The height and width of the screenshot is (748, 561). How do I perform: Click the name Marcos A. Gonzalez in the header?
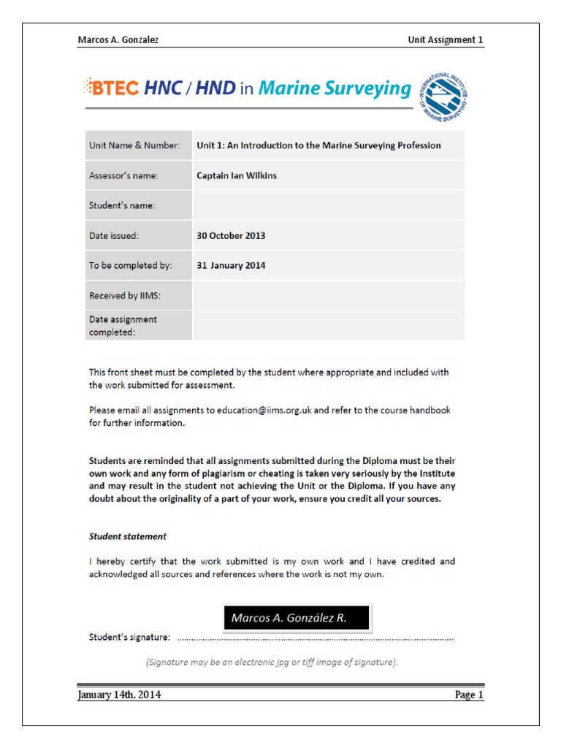[118, 40]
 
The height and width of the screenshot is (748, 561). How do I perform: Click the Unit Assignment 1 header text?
[446, 40]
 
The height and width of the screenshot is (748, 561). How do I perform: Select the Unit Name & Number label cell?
[134, 145]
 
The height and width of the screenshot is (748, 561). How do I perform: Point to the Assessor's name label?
[123, 175]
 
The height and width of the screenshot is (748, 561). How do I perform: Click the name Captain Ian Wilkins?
[237, 175]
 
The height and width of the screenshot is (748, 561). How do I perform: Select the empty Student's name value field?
[328, 206]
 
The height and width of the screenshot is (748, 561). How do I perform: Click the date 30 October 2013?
[231, 236]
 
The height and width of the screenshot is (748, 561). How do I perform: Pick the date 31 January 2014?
[231, 266]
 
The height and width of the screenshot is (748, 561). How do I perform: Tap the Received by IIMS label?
[125, 296]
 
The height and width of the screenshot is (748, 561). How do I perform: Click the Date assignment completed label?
[123, 326]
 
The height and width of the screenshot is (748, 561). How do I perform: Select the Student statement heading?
[128, 536]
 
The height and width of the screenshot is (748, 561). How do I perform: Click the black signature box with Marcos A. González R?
[297, 618]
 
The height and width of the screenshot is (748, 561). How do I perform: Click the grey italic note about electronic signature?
[272, 663]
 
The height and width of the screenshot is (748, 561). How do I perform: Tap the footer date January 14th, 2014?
[120, 695]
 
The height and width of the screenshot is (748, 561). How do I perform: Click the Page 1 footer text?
[469, 695]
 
